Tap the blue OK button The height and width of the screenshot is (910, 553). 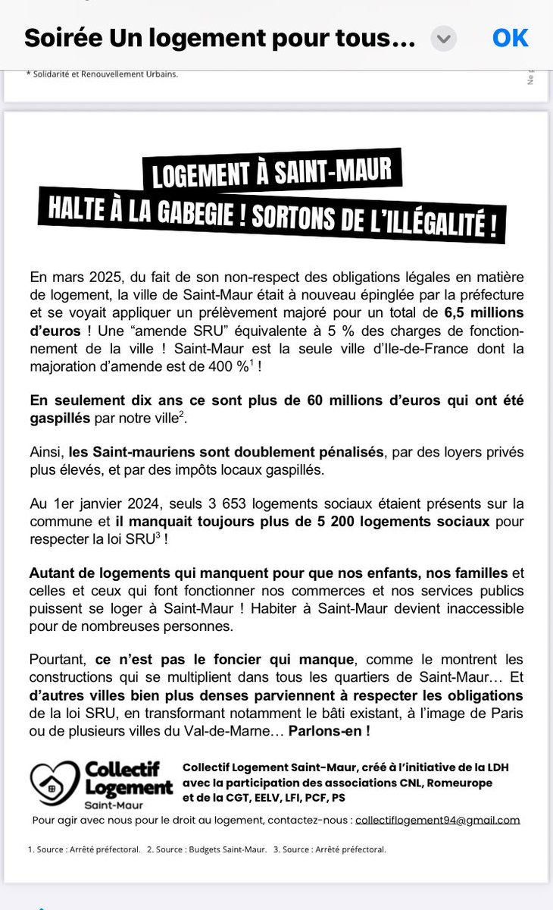pos(510,38)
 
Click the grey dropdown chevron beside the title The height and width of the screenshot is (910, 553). pos(444,39)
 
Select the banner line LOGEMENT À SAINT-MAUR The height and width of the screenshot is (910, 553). pos(272,173)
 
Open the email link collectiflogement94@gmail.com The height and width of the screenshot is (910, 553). pos(437,820)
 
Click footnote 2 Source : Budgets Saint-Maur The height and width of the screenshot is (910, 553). pos(207,849)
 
